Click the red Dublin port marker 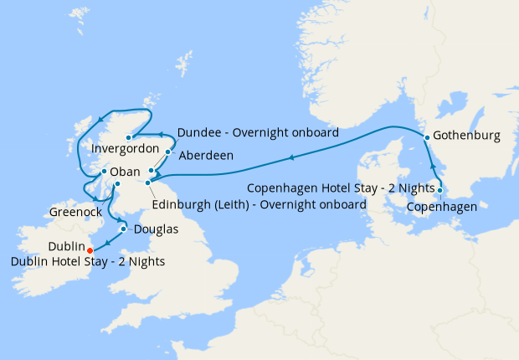tap(90, 249)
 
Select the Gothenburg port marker tap(427, 136)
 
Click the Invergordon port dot tap(128, 137)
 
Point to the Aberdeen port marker tap(168, 152)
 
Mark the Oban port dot tap(103, 172)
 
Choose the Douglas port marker tap(124, 229)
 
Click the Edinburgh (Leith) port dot tap(147, 182)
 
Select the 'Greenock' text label tap(75, 212)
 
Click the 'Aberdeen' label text tap(204, 156)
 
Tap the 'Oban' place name tap(126, 172)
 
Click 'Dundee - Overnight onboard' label tap(258, 132)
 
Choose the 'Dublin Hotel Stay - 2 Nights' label tap(88, 262)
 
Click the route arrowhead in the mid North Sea tap(290, 157)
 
